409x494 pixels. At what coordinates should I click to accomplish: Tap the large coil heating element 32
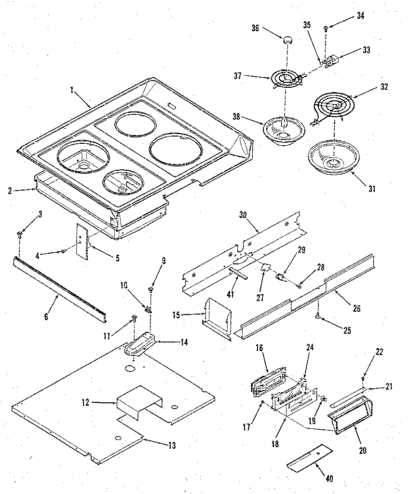coord(332,106)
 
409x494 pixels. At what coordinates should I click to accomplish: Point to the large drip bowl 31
coord(332,157)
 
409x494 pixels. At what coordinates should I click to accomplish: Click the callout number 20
coord(363,451)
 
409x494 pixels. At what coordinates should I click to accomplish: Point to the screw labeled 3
coord(19,234)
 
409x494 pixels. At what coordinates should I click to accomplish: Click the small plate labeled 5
coord(84,242)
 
